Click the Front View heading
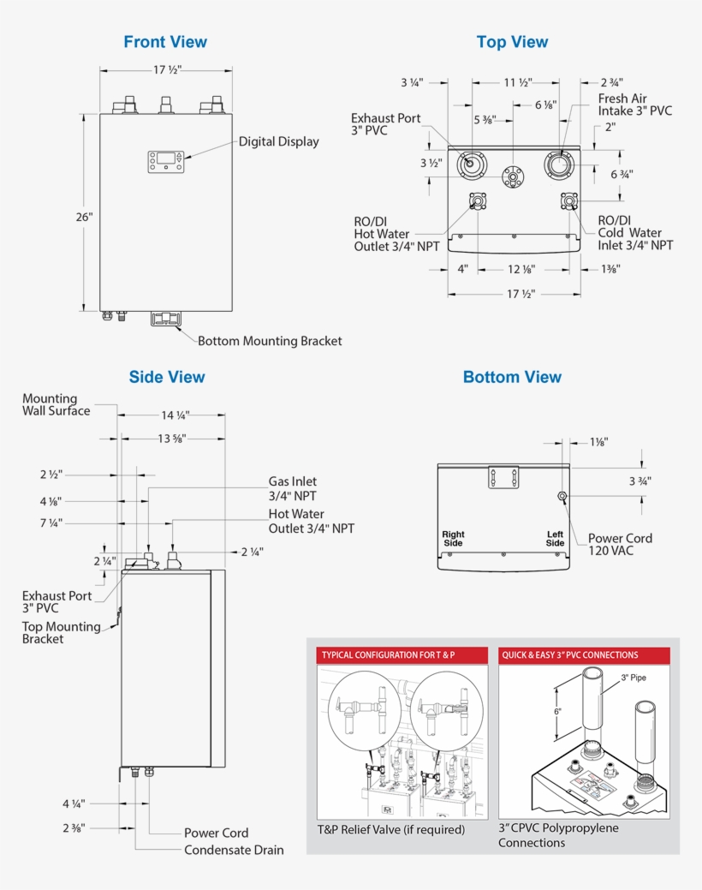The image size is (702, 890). (165, 42)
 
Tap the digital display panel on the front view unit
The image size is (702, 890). (166, 160)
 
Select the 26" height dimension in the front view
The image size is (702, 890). (83, 217)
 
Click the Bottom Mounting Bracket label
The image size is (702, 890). (270, 341)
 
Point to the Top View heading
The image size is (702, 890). (512, 42)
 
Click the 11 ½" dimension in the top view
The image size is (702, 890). (516, 83)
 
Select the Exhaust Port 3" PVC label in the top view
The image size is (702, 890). (385, 124)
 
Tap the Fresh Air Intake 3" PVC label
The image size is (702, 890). (634, 105)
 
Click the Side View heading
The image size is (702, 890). (167, 377)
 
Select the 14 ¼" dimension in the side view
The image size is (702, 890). (175, 415)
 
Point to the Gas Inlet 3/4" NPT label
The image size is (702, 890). (292, 488)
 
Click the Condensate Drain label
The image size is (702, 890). (234, 850)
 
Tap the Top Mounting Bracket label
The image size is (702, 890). (61, 632)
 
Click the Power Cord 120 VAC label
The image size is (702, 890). (620, 544)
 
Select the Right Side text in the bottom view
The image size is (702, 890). (453, 539)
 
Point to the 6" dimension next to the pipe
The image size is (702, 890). (557, 711)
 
